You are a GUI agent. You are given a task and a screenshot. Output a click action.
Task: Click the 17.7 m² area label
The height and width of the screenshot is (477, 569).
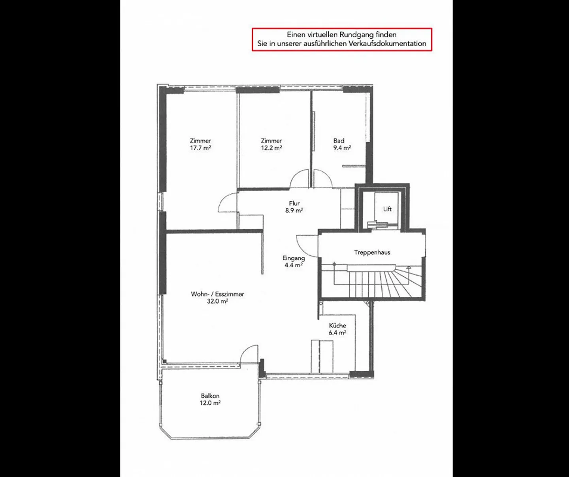(200, 148)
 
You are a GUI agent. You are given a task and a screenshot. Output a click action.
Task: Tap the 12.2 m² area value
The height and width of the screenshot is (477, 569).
(271, 148)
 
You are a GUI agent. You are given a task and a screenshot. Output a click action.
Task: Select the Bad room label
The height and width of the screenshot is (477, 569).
(339, 141)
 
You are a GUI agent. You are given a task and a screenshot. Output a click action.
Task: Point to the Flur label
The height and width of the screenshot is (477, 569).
(294, 203)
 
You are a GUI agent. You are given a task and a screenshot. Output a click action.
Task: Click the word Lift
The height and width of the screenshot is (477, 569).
(387, 209)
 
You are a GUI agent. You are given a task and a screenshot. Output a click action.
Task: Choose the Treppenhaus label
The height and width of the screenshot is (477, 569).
(372, 252)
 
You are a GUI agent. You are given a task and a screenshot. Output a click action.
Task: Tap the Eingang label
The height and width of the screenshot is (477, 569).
(294, 258)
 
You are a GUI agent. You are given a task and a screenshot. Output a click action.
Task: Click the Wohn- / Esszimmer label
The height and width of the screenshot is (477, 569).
(217, 294)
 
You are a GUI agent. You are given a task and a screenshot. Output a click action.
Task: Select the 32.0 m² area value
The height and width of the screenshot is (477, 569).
(217, 301)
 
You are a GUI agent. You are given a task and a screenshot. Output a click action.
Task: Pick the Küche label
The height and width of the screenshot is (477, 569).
(337, 326)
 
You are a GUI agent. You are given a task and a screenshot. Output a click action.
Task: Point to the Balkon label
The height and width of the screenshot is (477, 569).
(210, 396)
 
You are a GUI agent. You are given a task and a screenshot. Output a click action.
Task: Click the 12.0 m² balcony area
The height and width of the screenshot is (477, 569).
(210, 403)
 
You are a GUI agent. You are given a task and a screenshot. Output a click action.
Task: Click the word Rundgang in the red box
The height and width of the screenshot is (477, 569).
(356, 35)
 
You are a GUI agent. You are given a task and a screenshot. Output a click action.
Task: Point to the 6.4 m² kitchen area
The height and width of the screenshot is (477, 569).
(337, 333)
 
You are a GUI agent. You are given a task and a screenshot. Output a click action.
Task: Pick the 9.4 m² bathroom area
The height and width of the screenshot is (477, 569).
(342, 148)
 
